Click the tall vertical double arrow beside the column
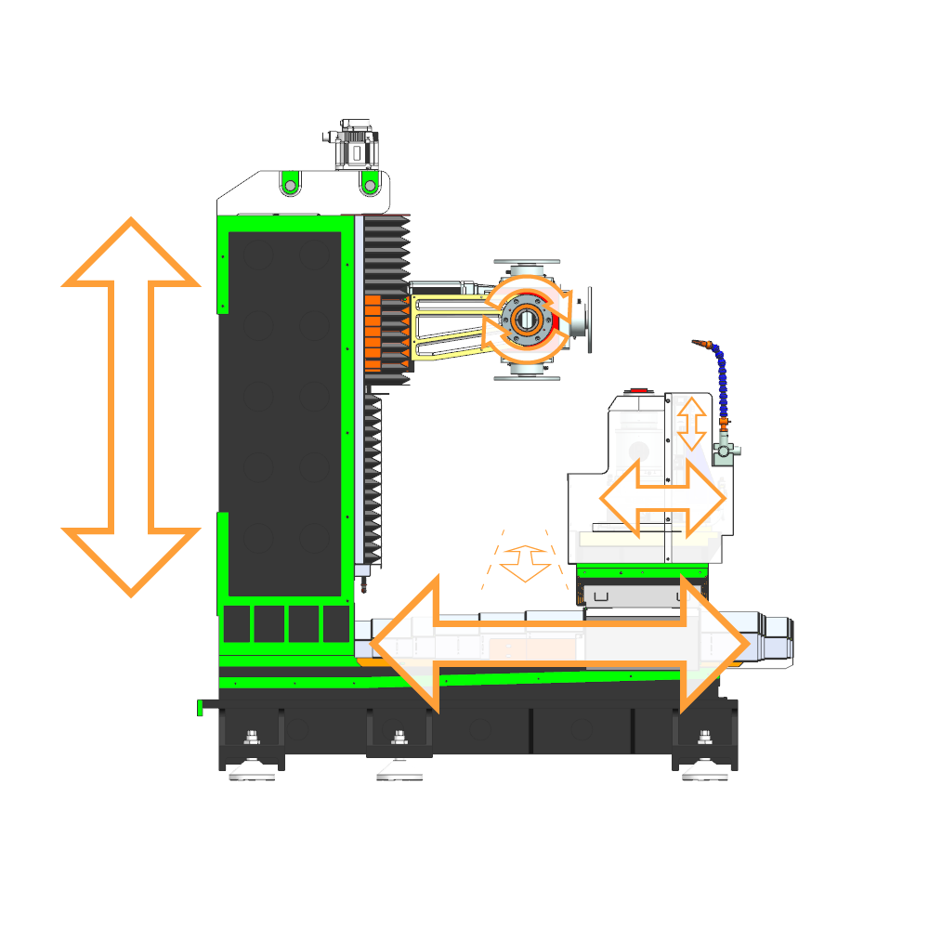point(130,407)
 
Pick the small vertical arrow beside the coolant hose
point(690,423)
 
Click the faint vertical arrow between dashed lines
point(525,561)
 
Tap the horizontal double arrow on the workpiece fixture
point(661,498)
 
